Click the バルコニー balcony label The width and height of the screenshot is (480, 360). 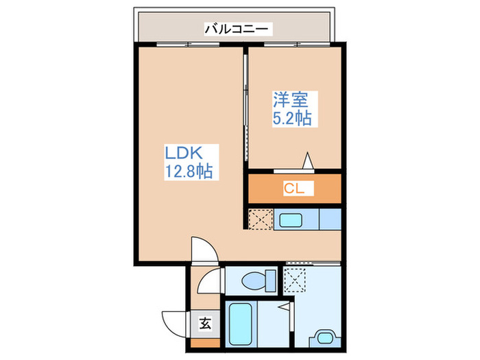click(238, 29)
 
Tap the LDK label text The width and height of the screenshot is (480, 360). click(181, 152)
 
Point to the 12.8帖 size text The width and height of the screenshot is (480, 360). click(187, 172)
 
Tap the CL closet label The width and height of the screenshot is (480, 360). click(295, 189)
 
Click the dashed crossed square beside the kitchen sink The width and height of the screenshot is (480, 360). click(260, 219)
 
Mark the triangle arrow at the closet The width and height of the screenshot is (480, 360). click(309, 160)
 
